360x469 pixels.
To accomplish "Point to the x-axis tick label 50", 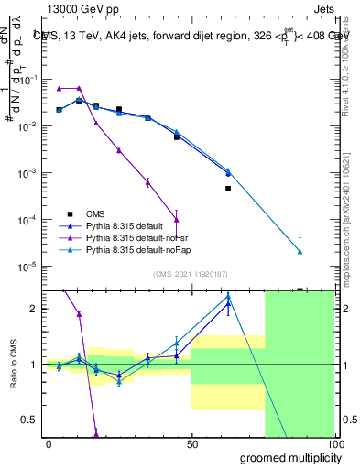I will tap(191, 443).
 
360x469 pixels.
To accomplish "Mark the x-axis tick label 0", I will tap(49, 443).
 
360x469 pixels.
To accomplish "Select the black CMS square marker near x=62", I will tap(228, 189).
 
